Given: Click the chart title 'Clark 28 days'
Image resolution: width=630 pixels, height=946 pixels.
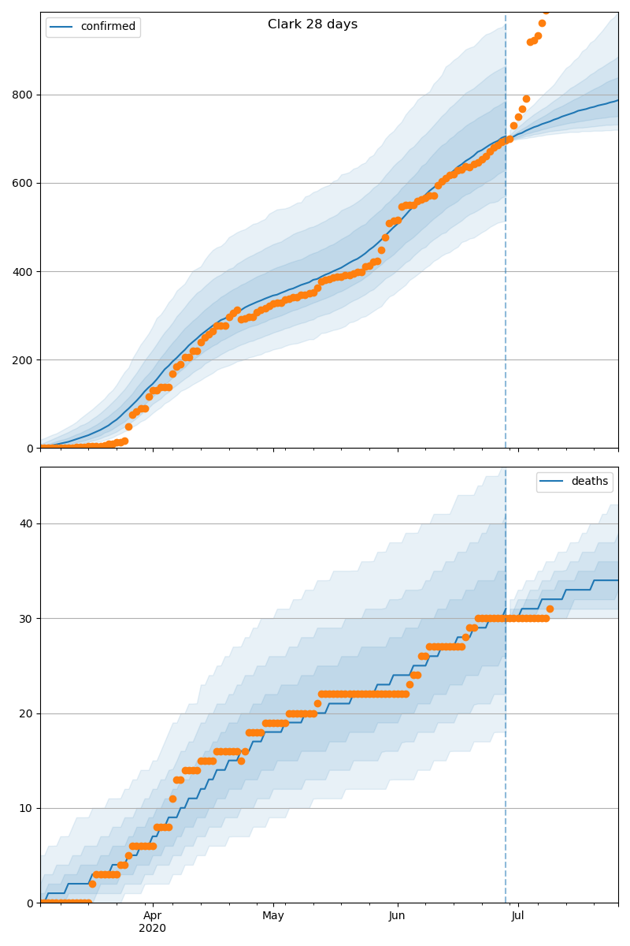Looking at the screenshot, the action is [x=313, y=24].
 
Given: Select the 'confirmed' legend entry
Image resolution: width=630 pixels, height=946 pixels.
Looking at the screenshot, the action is [x=93, y=27].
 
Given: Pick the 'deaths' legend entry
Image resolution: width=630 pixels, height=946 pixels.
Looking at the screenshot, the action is [x=574, y=482].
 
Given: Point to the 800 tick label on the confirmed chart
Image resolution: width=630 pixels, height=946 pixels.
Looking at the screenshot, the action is [x=22, y=95].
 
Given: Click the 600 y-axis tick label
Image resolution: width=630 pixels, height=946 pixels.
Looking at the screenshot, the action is [x=22, y=183].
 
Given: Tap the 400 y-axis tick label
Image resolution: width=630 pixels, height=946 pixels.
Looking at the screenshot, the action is [x=22, y=272].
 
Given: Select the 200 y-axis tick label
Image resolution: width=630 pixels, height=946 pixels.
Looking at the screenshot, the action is [x=22, y=360].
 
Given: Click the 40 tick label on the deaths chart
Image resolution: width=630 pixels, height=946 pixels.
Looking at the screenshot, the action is [x=26, y=523].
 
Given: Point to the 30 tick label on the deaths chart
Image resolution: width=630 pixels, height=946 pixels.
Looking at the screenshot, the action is [x=26, y=619].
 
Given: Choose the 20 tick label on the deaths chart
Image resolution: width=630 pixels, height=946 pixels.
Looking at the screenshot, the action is [x=26, y=713].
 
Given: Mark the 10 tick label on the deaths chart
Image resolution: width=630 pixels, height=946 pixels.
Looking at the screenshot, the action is [x=26, y=808].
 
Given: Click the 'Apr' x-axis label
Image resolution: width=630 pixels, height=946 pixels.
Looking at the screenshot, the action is [x=152, y=916].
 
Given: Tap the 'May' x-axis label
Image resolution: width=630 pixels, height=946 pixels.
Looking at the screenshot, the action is [x=273, y=916].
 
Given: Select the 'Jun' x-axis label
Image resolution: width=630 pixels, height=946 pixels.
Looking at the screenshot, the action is [x=397, y=916].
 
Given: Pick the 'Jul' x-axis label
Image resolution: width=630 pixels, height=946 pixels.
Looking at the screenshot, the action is [x=517, y=916].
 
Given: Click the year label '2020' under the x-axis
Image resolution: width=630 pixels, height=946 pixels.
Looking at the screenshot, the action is [x=152, y=929].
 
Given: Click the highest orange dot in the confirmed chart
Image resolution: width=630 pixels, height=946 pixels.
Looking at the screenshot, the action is [x=546, y=11].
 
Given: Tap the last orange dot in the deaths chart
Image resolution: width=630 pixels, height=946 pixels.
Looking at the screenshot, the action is [x=550, y=609].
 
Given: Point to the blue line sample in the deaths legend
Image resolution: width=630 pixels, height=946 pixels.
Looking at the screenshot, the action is [x=551, y=482].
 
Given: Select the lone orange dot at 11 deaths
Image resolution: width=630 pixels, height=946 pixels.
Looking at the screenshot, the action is [x=172, y=799].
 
